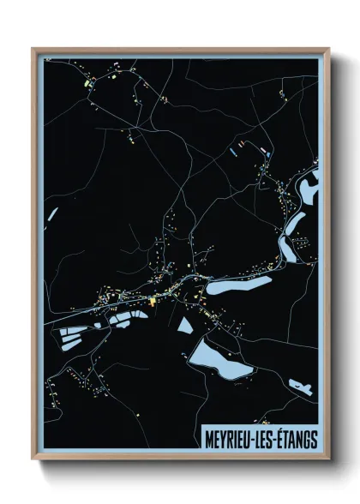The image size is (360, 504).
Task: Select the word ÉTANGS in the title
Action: click(x=298, y=438)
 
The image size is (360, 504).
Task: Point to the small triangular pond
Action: click(x=185, y=325)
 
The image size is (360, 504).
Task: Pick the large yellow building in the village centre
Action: click(x=153, y=301)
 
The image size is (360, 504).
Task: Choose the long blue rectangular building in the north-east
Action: click(x=232, y=152)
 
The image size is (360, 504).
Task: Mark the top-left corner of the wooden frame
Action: click(x=33, y=49)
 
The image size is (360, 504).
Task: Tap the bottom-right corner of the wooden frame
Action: click(x=328, y=460)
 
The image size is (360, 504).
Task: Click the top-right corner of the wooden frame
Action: click(x=328, y=49)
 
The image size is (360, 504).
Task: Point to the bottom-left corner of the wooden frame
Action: click(x=33, y=460)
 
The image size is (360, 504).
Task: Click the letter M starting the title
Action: click(x=209, y=438)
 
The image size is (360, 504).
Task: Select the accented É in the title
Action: click(x=282, y=437)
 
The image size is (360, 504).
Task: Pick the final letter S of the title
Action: click(x=315, y=438)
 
